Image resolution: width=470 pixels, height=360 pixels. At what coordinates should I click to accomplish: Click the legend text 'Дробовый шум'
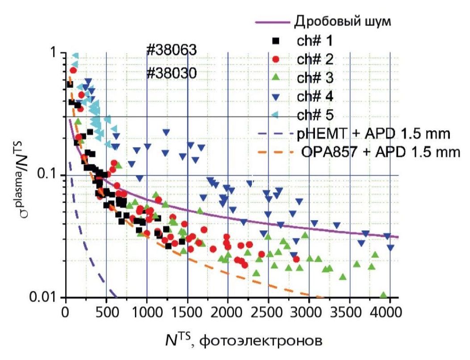pyautogui.click(x=343, y=22)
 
